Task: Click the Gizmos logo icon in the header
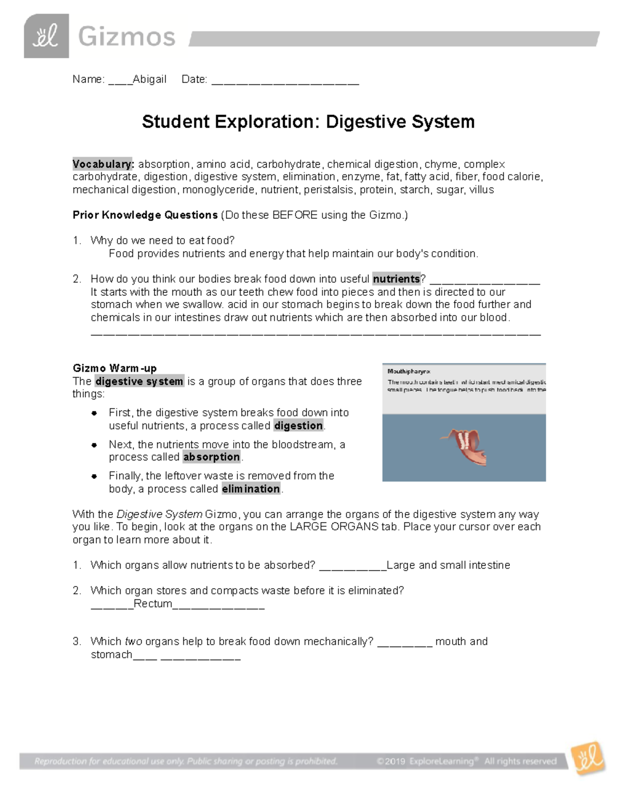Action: tap(46, 36)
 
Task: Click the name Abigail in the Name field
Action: tap(149, 79)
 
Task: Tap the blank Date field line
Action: tap(285, 81)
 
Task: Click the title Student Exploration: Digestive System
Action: tap(308, 122)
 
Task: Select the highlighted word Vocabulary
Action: tap(103, 164)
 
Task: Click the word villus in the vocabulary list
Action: tap(482, 190)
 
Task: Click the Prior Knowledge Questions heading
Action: tap(145, 215)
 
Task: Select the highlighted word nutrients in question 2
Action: tap(397, 279)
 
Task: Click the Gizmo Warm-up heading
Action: tap(114, 368)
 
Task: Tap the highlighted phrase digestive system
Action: tap(139, 381)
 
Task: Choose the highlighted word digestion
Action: tap(299, 425)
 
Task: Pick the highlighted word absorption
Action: tap(212, 457)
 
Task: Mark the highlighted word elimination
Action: tap(251, 489)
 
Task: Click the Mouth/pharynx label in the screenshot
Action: tap(409, 371)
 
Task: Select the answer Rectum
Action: tap(153, 603)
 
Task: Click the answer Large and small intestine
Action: tap(448, 565)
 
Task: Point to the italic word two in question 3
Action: tap(133, 642)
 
